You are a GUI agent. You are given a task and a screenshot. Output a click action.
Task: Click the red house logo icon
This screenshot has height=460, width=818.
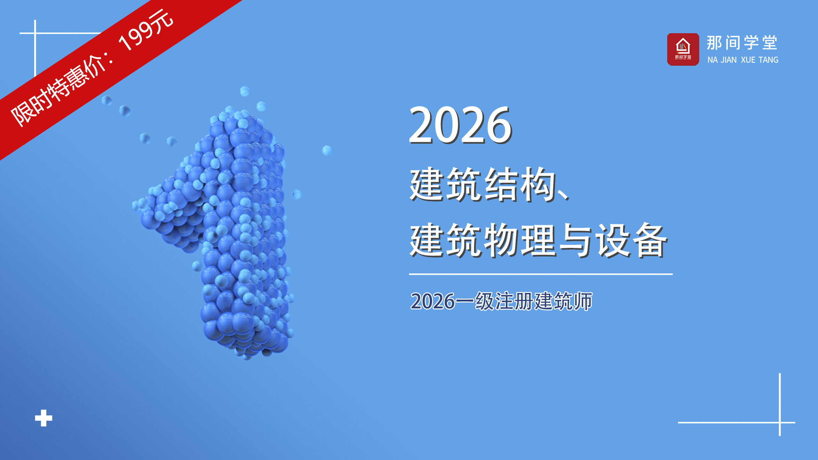tap(683, 50)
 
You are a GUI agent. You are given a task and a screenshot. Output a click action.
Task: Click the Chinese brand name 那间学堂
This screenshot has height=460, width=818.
tap(742, 43)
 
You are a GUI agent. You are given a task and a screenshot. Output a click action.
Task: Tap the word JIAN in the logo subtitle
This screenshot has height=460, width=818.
tap(729, 60)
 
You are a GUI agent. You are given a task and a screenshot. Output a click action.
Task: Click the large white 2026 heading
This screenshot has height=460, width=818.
tap(460, 125)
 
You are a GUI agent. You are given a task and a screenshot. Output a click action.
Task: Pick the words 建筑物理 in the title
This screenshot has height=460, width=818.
tap(482, 240)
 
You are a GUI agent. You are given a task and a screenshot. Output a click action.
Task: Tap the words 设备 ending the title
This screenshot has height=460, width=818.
tap(632, 240)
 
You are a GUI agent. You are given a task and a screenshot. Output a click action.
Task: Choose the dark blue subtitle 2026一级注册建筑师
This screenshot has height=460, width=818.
tap(501, 301)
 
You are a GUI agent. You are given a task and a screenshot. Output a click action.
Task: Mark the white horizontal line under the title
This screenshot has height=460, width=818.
tap(541, 274)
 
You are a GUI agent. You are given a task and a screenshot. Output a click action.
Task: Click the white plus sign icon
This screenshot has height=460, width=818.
tap(43, 418)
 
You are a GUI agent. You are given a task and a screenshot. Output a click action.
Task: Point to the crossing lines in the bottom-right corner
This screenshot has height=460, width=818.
tap(780, 422)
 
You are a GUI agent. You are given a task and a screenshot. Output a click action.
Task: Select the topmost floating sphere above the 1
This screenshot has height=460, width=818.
tap(244, 91)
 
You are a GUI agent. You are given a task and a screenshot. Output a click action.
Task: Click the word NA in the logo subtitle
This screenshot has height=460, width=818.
tap(713, 60)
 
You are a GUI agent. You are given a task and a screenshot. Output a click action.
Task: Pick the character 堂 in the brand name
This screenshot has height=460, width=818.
tap(770, 43)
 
